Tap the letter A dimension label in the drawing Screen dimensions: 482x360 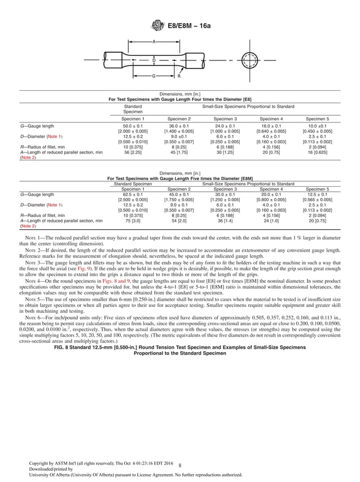pyautogui.click(x=153, y=42)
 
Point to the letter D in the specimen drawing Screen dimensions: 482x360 pyautogui.click(x=154, y=60)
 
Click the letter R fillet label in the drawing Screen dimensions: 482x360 pyautogui.click(x=179, y=76)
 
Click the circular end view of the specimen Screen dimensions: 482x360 pyautogui.click(x=247, y=59)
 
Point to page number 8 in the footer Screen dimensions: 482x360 pyautogui.click(x=179, y=466)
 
